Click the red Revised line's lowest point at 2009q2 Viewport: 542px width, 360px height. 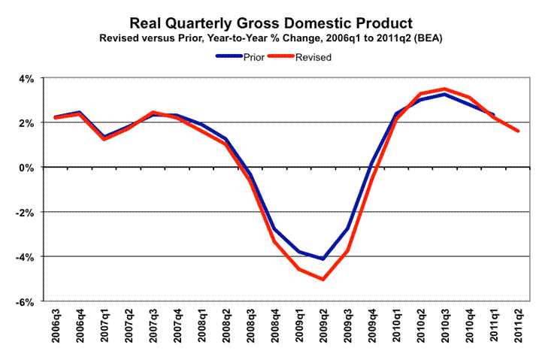[x=322, y=280]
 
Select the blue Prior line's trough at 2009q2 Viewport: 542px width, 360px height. [x=322, y=259]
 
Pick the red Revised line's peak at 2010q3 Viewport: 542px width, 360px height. [x=445, y=89]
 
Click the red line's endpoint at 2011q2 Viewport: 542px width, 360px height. [x=517, y=131]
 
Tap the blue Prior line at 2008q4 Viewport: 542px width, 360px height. [x=275, y=229]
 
